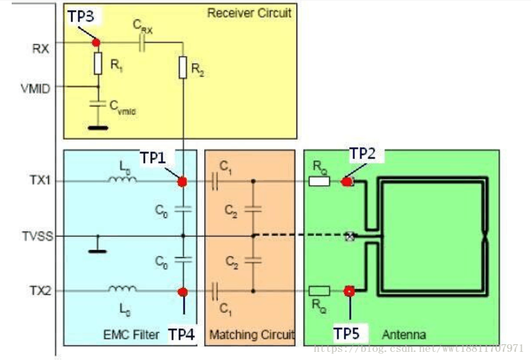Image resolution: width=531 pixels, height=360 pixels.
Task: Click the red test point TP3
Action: (96, 43)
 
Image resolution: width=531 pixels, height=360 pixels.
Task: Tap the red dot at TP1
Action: (182, 181)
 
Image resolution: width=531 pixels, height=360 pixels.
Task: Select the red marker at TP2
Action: (347, 181)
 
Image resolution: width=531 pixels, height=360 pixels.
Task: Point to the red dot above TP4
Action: (182, 291)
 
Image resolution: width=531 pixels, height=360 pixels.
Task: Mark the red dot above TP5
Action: (350, 291)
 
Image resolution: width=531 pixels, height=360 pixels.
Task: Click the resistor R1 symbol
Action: (98, 64)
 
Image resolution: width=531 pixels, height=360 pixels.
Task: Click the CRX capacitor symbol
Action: (142, 43)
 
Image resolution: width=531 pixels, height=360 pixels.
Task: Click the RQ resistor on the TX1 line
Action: (319, 181)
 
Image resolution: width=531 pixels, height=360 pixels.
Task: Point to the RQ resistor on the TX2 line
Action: (319, 291)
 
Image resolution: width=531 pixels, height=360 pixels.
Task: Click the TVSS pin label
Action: (36, 236)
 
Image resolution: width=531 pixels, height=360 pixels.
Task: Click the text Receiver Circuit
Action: (249, 13)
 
